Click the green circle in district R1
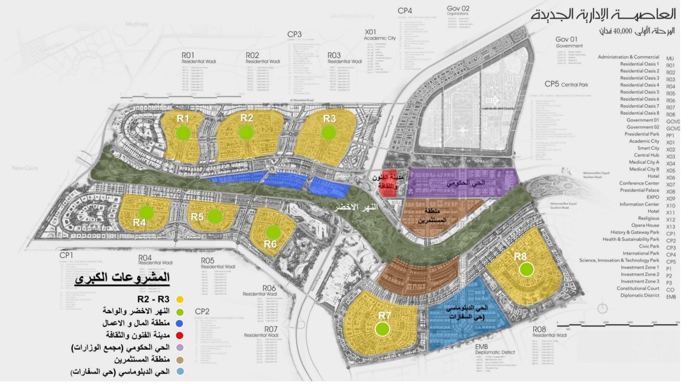[x=184, y=133]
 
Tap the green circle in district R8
[x=526, y=270]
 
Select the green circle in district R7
[x=384, y=329]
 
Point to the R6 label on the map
[x=270, y=243]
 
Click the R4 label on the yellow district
[x=140, y=222]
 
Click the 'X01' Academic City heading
[x=371, y=31]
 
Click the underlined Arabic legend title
[x=124, y=277]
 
